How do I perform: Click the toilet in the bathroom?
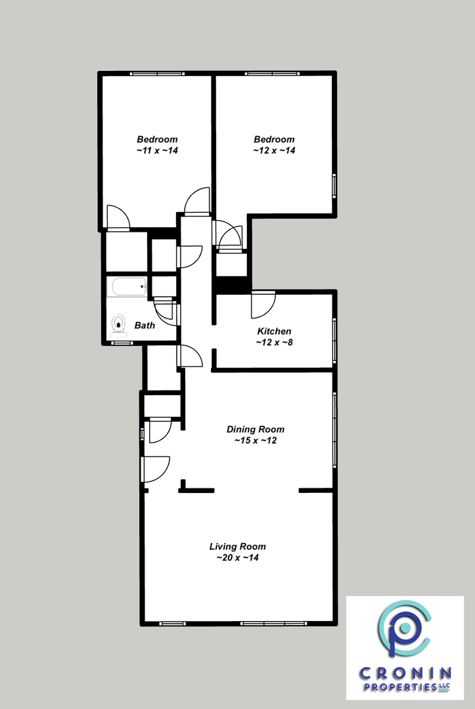pos(119,325)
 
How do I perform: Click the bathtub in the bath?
pos(129,287)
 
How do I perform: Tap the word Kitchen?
pos(274,331)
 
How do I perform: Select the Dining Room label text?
pos(255,429)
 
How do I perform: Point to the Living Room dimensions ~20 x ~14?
pos(238,557)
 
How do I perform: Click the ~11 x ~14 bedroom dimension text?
pos(157,150)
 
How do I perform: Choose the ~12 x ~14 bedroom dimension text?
pos(274,150)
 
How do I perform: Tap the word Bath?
pos(145,325)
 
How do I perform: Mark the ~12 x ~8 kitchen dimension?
pos(274,342)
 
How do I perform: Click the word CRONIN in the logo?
pos(405,674)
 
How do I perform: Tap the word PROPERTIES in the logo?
pos(397,687)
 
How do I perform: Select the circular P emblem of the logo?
pos(405,628)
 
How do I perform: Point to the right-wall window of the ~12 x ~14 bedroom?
pos(334,186)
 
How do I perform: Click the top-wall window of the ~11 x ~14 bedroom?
pos(157,74)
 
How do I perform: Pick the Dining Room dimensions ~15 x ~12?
pos(255,440)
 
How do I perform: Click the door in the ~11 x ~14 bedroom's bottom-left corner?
pos(118,217)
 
